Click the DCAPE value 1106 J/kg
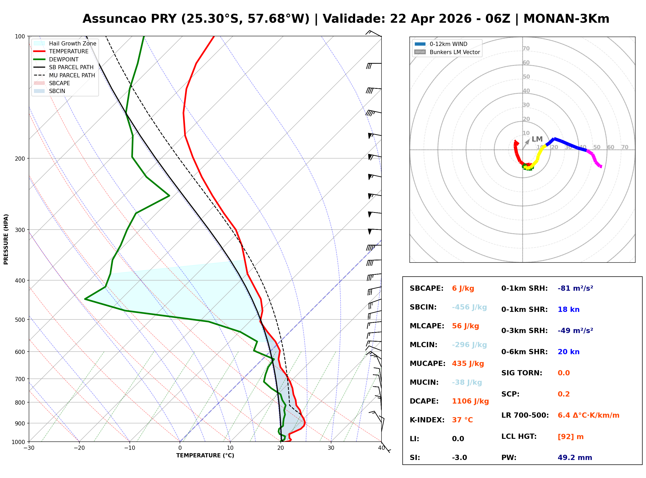(x=470, y=401)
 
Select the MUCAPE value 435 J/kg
(x=468, y=364)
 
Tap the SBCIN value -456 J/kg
(x=469, y=307)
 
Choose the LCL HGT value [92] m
(x=570, y=437)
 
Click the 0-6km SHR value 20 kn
(x=568, y=352)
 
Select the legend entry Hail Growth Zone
(x=72, y=43)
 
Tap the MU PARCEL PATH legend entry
(x=72, y=75)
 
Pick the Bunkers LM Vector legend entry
(x=454, y=52)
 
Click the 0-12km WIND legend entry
(x=448, y=44)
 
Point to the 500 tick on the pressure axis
(x=20, y=320)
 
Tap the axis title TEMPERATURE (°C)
(x=205, y=456)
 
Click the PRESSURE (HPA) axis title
(x=6, y=239)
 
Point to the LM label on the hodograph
(x=537, y=139)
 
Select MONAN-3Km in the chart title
(x=566, y=19)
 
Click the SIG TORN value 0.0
(x=563, y=373)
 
